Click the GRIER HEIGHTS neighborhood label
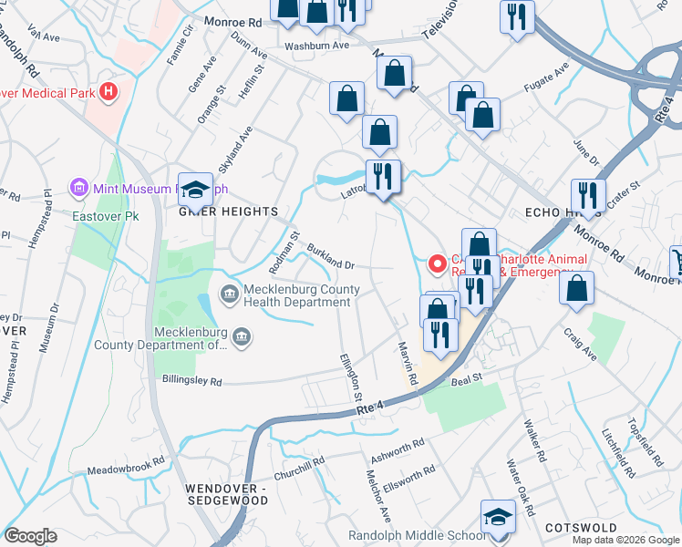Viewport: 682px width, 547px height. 230,212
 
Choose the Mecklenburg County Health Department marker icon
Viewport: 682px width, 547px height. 227,293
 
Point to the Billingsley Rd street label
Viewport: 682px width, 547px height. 191,379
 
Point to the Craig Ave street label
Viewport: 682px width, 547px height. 580,346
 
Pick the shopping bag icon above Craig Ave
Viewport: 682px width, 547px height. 576,289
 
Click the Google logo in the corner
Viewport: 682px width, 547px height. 30,536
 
